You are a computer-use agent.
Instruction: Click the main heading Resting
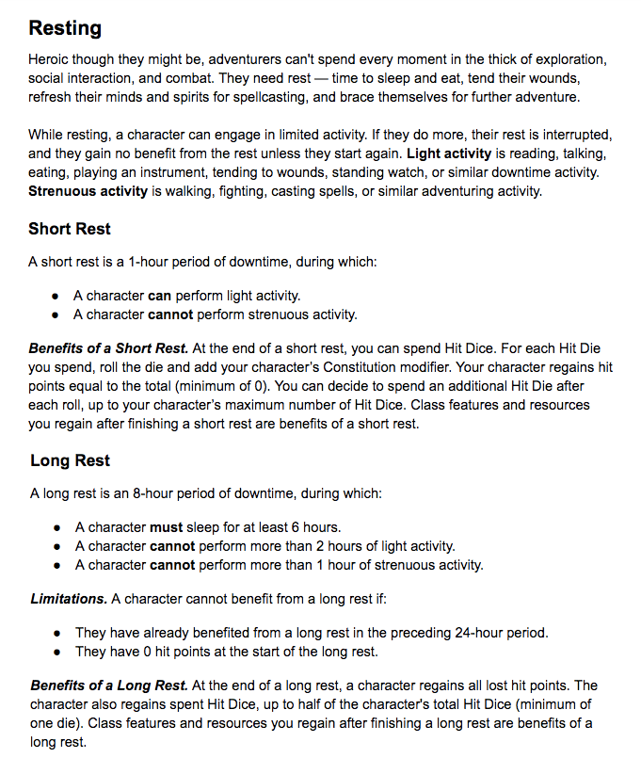click(66, 28)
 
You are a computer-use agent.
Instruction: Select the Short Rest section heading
click(70, 229)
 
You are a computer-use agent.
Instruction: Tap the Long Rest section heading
click(71, 460)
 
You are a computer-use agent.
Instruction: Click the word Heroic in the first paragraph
click(50, 58)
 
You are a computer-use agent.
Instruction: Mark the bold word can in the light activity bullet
click(160, 296)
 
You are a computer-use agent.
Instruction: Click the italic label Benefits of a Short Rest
click(108, 348)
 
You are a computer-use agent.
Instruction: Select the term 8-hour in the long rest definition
click(146, 493)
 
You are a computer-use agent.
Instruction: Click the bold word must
click(167, 527)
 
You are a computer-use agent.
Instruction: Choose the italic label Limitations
click(69, 599)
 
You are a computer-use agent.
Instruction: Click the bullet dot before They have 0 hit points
click(58, 652)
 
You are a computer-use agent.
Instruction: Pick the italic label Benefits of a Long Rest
click(107, 685)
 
